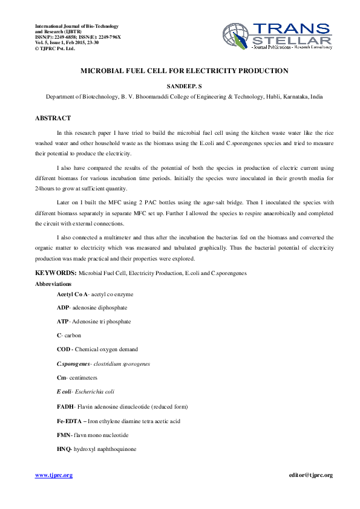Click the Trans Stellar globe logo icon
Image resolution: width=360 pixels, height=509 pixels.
pos(237,37)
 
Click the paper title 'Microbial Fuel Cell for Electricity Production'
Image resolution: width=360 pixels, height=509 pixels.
pos(185,71)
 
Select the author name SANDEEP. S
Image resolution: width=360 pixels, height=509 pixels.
pos(185,86)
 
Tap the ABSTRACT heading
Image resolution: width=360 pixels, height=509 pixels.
pos(53,118)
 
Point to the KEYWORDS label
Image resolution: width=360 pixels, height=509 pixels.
pos(55,273)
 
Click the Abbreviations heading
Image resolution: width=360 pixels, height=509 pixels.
pos(53,284)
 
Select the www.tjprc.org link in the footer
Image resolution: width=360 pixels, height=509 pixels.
pos(54,475)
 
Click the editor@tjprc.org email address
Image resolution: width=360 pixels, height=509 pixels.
pos(311,475)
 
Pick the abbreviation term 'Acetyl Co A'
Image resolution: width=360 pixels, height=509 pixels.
pos(72,294)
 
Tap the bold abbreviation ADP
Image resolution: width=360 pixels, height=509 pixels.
pos(63,308)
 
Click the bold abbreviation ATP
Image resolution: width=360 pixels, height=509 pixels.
pos(62,322)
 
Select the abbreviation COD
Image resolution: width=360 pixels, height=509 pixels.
pos(63,349)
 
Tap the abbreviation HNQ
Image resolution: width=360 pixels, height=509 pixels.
pos(64,449)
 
